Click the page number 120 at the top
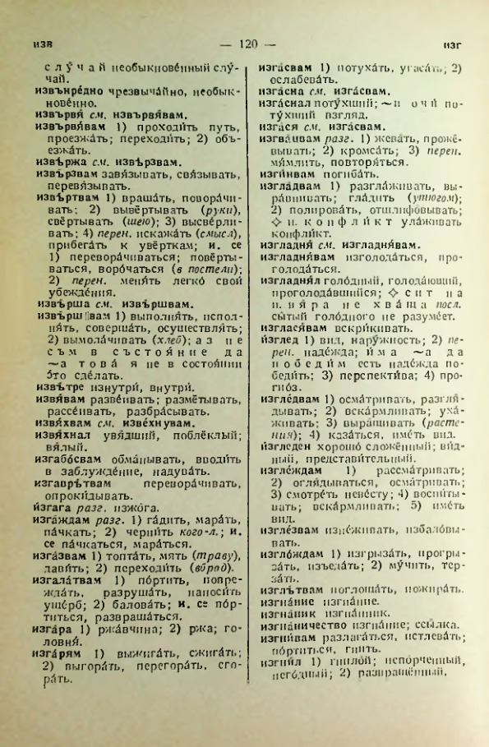click(x=244, y=42)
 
